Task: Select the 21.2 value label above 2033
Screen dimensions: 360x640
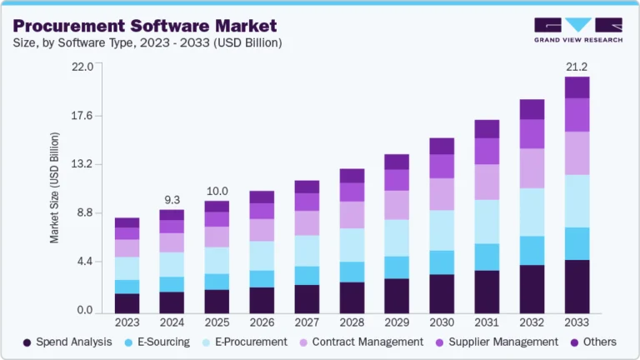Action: point(577,66)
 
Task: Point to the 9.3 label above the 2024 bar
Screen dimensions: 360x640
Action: point(172,199)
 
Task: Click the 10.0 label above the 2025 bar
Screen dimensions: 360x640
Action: point(217,191)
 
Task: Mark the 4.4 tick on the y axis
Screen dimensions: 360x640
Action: point(83,262)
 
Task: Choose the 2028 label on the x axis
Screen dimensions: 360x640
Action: point(352,322)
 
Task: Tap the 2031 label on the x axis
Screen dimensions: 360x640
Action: point(487,322)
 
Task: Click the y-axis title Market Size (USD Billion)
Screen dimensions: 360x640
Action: point(55,187)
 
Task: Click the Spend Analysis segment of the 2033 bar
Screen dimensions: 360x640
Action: point(577,286)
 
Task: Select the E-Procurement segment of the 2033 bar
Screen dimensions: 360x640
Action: point(577,201)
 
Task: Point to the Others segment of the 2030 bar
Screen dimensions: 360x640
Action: point(442,146)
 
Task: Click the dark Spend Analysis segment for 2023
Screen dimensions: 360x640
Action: point(127,302)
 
